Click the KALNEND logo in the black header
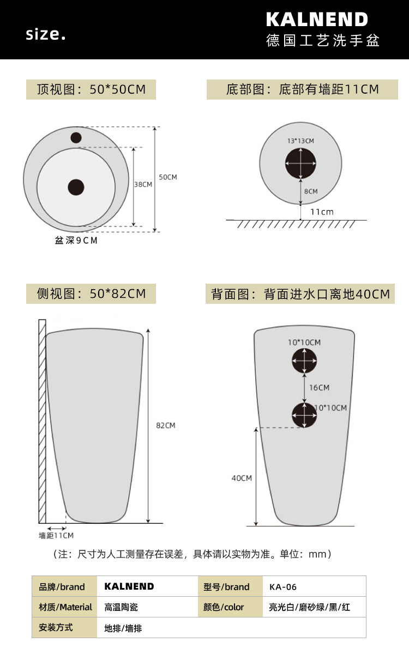317,20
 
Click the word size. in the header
45,34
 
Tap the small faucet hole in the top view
76,138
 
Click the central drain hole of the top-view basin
76,187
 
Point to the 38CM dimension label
143,185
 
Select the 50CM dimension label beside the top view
168,177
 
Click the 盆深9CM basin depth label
76,241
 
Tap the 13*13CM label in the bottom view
300,141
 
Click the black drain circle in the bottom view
300,163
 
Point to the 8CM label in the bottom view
311,192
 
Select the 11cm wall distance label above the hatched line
322,212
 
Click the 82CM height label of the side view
165,425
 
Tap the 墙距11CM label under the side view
56,535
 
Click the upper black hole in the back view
304,360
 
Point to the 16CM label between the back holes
319,388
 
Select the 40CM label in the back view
242,478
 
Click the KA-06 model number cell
282,587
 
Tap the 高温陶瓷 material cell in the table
121,607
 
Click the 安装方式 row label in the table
56,627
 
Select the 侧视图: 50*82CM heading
91,293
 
